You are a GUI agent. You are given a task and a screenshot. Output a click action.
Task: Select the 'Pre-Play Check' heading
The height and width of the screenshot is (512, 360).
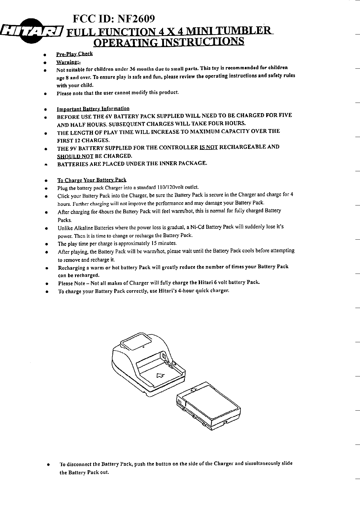pos(74,54)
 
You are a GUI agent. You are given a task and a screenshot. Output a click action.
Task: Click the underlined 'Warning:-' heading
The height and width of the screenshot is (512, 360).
pos(68,62)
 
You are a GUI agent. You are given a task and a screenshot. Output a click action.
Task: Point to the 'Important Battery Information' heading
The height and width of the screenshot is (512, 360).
pos(93,109)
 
